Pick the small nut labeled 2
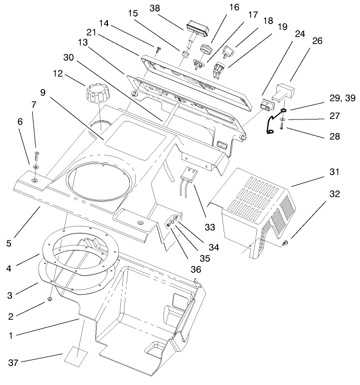pyautogui.click(x=52, y=299)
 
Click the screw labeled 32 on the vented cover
pyautogui.click(x=287, y=243)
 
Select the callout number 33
pyautogui.click(x=210, y=227)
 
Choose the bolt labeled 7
pyautogui.click(x=36, y=155)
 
